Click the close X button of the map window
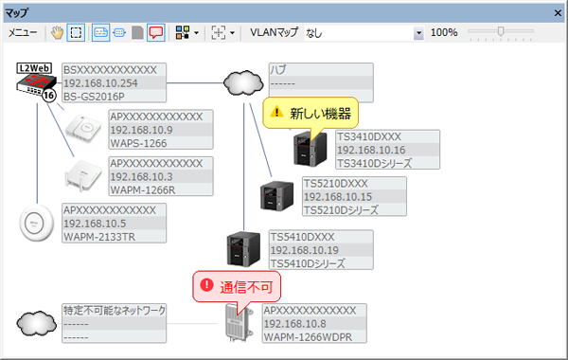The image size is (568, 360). coord(557,12)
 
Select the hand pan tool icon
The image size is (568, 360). coord(56,32)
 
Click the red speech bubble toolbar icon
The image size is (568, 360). coord(155,32)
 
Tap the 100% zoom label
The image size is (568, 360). coord(444,32)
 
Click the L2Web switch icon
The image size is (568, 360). coord(36,82)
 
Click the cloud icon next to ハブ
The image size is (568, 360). coord(243,83)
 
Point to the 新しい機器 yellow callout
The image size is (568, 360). coord(311,113)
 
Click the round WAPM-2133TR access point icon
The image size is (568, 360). coord(38,224)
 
